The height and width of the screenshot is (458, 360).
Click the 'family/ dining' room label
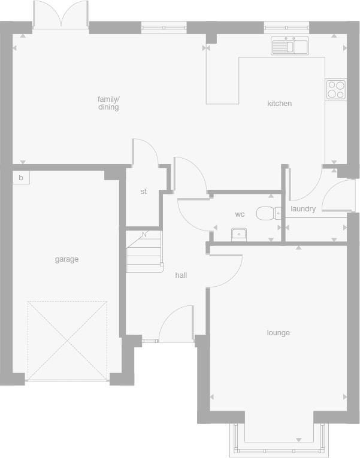108,103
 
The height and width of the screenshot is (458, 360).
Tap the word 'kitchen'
279,104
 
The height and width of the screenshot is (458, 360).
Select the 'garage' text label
66,259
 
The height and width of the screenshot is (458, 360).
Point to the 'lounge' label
278,333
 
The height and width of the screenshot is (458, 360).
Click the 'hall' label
181,275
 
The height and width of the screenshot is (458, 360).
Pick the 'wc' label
240,214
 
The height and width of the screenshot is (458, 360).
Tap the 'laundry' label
303,209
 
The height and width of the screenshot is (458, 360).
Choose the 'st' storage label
143,192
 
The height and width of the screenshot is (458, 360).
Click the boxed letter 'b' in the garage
20,178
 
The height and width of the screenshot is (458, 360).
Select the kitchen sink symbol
289,46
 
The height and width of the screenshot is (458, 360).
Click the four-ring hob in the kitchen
336,89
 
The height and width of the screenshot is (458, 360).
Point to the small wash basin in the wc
239,233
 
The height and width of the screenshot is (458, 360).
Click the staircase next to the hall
144,251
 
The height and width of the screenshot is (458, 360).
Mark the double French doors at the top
60,15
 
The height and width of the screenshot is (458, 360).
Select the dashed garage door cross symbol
67,340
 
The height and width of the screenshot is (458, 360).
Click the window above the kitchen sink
286,27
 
